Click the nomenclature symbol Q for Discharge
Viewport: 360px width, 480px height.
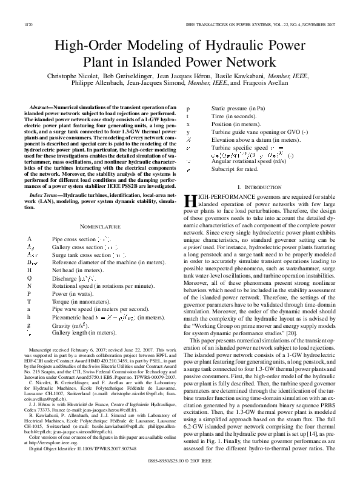coord(29,277)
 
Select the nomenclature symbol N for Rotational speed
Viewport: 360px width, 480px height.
coord(29,284)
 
